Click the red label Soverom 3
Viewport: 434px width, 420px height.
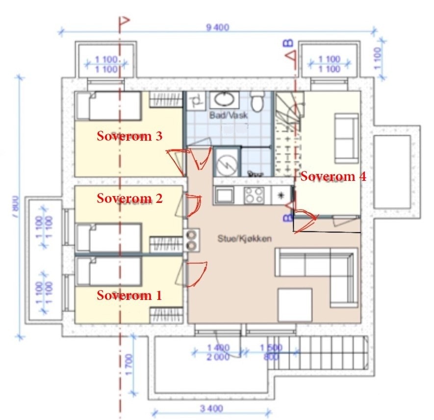click(129, 136)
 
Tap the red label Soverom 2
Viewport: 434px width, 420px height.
click(129, 198)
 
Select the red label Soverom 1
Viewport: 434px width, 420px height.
click(128, 295)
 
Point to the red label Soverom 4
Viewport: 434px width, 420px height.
click(333, 176)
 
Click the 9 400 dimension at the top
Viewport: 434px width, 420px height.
click(218, 27)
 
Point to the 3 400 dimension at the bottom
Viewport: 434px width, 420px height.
click(212, 408)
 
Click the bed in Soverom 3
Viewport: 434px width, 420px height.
click(108, 105)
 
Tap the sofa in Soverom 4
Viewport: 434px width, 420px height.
click(346, 138)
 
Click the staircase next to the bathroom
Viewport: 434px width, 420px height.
click(286, 132)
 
